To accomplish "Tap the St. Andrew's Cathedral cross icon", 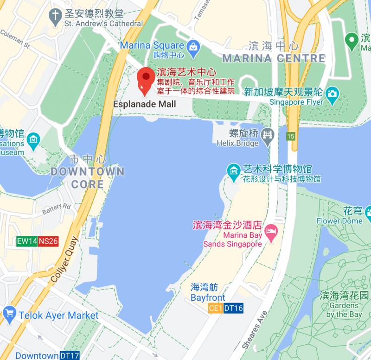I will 56,16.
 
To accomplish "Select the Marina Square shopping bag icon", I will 193,46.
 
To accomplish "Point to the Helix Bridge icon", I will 268,135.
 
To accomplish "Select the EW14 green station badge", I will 26,241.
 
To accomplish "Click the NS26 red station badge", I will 48,241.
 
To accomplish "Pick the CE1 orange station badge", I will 215,308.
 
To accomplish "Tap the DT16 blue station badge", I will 233,308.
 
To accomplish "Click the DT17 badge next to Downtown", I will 69,355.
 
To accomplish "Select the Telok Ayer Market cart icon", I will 9,315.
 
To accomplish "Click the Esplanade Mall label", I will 145,104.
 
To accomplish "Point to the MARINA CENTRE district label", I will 274,58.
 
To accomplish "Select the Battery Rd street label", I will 56,208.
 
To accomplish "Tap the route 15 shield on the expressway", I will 291,136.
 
